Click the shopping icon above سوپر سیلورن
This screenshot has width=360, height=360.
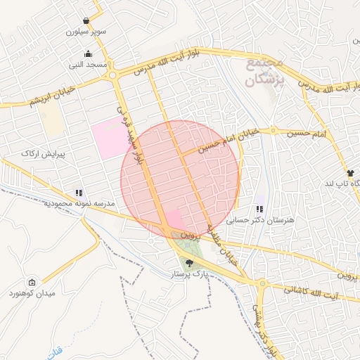click(x=86, y=20)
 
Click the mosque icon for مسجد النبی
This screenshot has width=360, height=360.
click(x=88, y=54)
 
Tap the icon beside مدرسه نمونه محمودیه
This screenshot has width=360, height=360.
click(x=79, y=192)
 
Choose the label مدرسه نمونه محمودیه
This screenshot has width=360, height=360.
click(x=79, y=203)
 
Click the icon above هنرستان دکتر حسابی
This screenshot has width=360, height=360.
click(x=260, y=209)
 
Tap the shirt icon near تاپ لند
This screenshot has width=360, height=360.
click(x=350, y=172)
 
